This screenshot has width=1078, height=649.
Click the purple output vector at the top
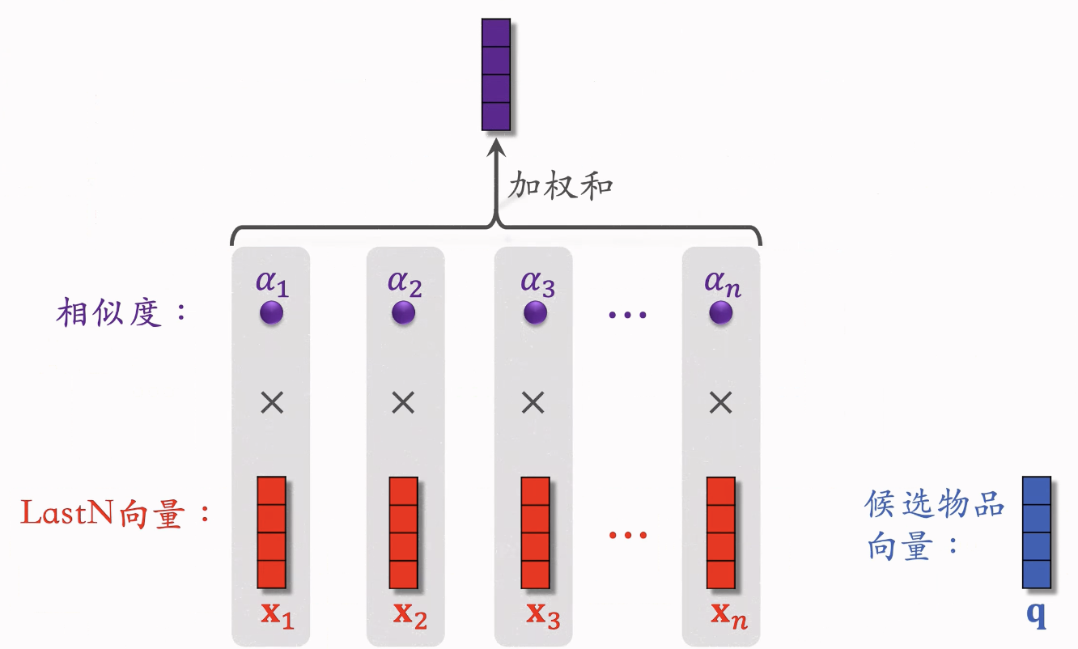point(496,74)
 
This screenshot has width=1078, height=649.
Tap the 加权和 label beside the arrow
point(561,185)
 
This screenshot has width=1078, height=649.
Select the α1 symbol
point(272,283)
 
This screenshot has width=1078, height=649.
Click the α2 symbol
point(405,283)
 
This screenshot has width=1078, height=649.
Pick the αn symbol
point(723,283)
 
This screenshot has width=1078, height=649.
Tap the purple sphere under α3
point(535,313)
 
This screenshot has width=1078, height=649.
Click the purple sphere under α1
point(271,313)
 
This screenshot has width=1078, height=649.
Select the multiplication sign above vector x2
point(403,403)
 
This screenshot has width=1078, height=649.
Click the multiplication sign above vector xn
point(721,403)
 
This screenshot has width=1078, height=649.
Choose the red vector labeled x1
point(272,532)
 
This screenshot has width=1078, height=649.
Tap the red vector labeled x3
point(536,532)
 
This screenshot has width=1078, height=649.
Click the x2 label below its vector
point(410,616)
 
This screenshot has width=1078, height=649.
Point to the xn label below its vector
point(729,616)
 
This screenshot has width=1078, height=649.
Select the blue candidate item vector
point(1037,532)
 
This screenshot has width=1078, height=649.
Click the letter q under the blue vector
point(1037,615)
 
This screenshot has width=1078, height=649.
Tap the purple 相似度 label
point(121,312)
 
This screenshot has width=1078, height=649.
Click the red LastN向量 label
point(115,513)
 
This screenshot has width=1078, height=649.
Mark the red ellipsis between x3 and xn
point(628,535)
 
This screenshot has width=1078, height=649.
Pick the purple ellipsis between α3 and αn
point(627,315)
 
